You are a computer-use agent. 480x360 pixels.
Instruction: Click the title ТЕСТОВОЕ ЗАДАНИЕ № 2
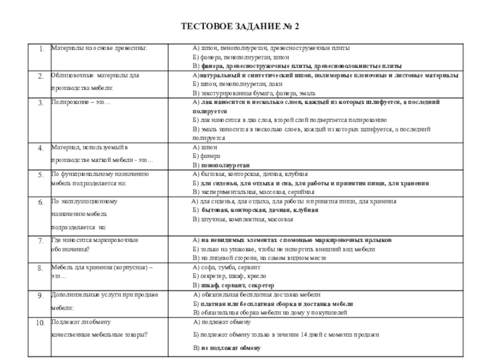240,26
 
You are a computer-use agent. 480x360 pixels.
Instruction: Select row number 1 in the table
40,49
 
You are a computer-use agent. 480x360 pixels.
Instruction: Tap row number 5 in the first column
40,175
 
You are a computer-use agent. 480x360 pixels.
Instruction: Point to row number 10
40,323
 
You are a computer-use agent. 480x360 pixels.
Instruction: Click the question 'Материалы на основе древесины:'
98,47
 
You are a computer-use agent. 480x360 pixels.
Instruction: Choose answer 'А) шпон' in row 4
205,146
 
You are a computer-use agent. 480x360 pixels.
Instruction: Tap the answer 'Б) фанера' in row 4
208,155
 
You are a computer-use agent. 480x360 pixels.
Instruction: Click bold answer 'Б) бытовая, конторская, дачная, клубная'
256,211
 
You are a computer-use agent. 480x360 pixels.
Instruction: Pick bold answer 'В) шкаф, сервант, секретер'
233,286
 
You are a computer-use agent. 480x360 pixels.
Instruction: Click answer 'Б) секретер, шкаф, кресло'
230,277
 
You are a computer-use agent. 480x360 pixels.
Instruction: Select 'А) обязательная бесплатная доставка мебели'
257,295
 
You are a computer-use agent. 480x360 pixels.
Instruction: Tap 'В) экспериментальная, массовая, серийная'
251,192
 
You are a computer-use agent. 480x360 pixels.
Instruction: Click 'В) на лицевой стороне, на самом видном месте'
259,258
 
